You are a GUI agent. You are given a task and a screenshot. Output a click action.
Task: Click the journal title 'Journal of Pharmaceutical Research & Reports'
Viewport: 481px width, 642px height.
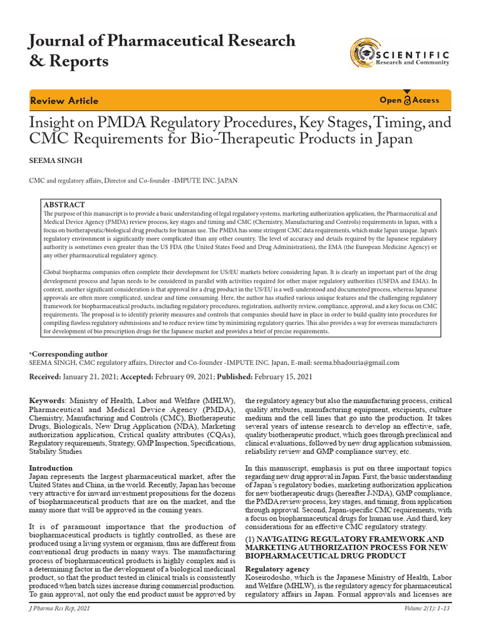[162, 51]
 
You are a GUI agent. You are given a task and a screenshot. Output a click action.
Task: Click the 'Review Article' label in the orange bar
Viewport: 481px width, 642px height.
[64, 101]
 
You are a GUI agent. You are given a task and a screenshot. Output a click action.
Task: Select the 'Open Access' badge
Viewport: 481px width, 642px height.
[410, 100]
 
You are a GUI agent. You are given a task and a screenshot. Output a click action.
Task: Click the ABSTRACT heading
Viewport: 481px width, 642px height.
[64, 205]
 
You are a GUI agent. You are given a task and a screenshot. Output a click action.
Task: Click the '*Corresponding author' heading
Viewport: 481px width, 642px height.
[68, 354]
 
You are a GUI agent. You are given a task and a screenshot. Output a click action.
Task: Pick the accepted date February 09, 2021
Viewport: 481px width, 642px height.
[173, 376]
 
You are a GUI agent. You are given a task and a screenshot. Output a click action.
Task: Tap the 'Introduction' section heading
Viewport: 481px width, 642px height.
[51, 468]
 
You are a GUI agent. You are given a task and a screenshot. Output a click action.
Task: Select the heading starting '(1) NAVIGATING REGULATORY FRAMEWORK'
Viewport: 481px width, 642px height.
[344, 539]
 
